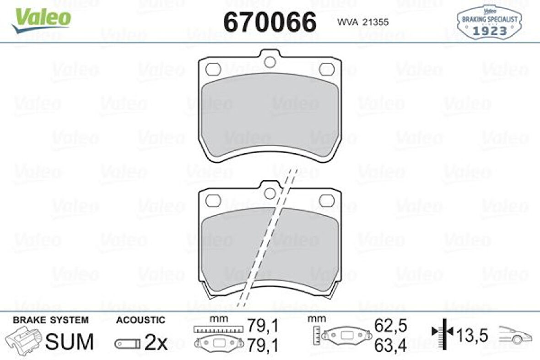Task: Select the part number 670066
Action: [270, 22]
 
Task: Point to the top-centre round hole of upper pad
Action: [270, 61]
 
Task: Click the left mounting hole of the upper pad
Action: [213, 69]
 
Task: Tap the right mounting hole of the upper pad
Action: [327, 69]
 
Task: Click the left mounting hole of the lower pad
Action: [213, 200]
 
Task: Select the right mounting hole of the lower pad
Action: [327, 200]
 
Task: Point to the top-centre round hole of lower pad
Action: [270, 193]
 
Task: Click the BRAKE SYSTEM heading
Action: [50, 320]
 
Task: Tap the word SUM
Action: [70, 342]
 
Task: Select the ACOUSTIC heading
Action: [140, 320]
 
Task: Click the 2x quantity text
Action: [156, 343]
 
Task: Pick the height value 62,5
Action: [390, 326]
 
